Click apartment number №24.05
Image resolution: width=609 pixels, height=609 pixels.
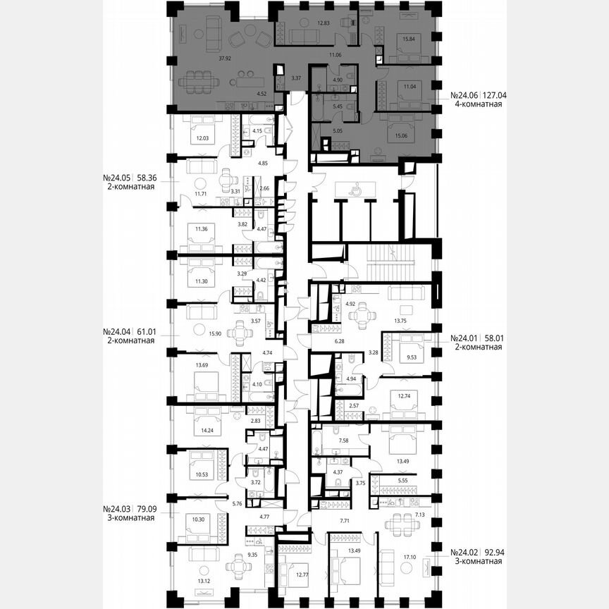pos(117,180)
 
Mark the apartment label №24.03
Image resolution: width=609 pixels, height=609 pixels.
pos(117,508)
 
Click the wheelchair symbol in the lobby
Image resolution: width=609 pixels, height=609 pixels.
pos(357,188)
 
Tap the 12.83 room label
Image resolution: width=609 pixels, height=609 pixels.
pos(324,23)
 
